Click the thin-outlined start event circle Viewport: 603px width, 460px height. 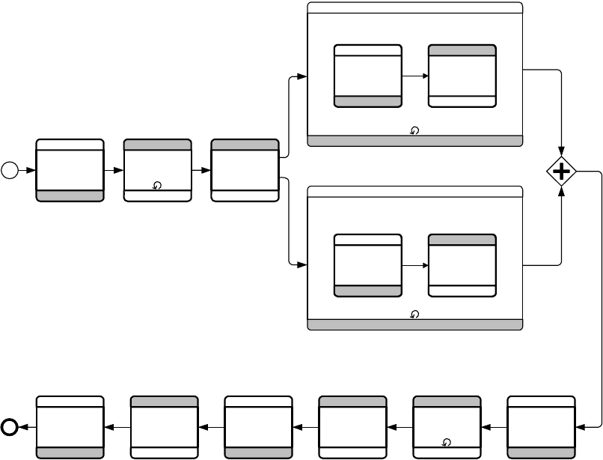pos(10,170)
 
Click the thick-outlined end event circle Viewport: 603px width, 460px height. pos(10,427)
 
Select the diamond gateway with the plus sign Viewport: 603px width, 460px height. pos(561,172)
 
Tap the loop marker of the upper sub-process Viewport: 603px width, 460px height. pos(415,130)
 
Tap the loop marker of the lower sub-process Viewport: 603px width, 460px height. pos(415,315)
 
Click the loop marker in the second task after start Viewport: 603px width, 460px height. pos(157,185)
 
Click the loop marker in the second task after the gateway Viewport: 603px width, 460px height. pos(447,442)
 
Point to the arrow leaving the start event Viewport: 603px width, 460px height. pos(27,170)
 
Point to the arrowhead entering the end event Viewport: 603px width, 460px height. pos(24,427)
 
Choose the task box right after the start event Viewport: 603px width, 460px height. pos(70,170)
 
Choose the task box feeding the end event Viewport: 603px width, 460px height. pos(70,427)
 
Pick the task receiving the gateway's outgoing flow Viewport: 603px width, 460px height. pos(541,427)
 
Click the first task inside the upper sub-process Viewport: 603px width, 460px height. pos(367,76)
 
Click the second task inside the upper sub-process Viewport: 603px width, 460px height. pos(462,76)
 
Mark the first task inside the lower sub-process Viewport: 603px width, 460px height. pos(367,265)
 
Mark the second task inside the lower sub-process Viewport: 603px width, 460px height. pos(462,265)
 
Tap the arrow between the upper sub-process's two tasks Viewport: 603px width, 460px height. pos(414,76)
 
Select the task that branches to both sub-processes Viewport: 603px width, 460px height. pos(245,170)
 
